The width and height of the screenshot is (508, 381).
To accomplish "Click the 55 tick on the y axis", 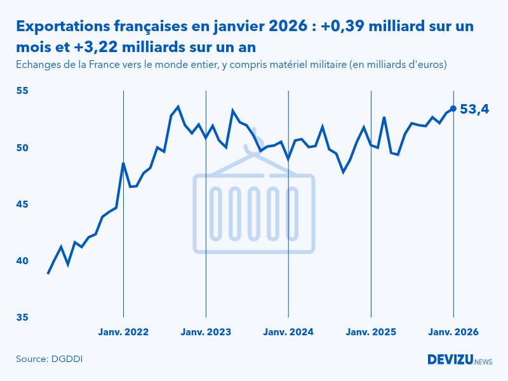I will click(x=22, y=91).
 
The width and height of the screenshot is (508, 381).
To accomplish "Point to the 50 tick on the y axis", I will click(x=22, y=147).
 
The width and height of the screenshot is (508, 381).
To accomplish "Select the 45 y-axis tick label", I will click(x=22, y=204).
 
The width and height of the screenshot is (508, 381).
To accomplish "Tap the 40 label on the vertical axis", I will click(x=22, y=260).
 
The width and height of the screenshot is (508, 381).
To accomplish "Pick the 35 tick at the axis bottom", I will click(x=22, y=317).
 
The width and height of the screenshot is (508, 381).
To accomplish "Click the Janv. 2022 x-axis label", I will click(x=123, y=332).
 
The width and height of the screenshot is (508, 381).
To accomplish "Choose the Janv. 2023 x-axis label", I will click(x=206, y=332).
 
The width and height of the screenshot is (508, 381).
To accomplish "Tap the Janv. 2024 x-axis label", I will click(x=288, y=332).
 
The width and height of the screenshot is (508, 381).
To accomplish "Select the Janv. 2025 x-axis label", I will click(x=371, y=332).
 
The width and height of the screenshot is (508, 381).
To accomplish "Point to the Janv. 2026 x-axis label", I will click(x=453, y=332).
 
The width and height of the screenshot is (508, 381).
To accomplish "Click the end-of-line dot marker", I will click(x=453, y=109).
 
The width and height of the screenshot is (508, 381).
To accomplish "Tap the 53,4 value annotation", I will click(x=474, y=109).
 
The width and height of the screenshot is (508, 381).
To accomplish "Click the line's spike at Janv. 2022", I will click(x=123, y=163).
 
